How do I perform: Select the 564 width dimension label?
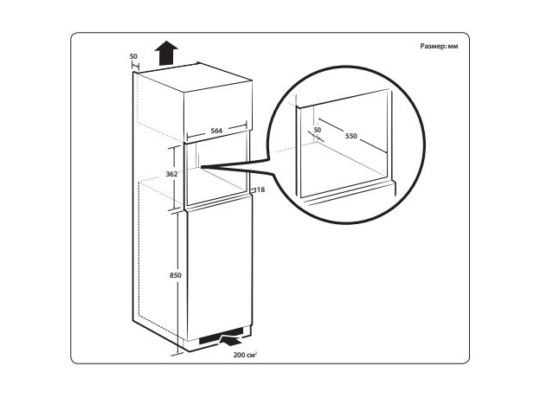click(216, 131)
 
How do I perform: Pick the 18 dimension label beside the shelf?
click(260, 189)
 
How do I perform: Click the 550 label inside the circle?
click(351, 138)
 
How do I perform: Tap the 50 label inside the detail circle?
click(318, 129)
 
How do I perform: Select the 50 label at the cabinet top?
click(133, 57)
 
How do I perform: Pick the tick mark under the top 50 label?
click(134, 66)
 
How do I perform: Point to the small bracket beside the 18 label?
click(253, 189)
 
